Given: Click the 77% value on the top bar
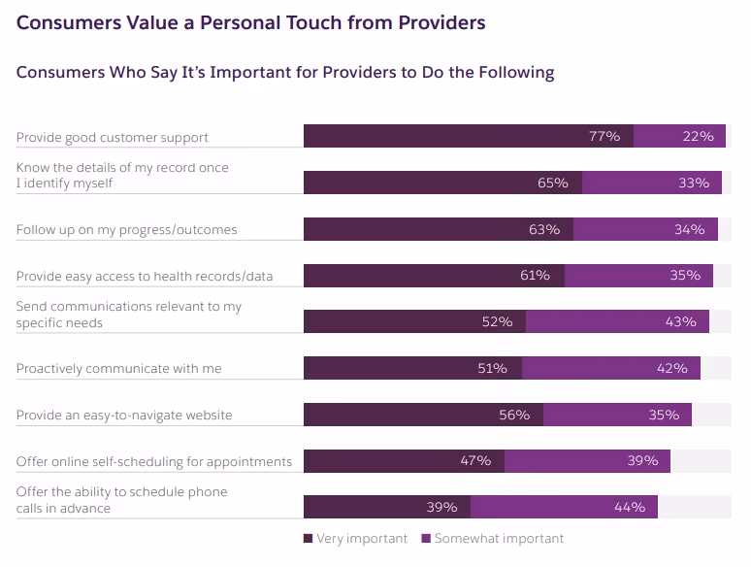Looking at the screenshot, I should (x=604, y=137).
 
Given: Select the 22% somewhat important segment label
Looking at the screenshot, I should (x=698, y=137).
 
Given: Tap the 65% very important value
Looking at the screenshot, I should (x=552, y=183).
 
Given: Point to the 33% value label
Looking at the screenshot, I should (x=694, y=183).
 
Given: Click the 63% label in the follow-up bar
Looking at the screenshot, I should (x=544, y=229).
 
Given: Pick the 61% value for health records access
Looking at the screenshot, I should (x=535, y=276).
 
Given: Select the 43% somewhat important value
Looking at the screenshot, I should (x=680, y=321).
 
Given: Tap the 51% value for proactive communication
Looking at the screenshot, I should (x=492, y=368).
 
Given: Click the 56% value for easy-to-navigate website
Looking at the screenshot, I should (x=513, y=415).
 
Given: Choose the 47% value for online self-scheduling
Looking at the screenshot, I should (x=475, y=460).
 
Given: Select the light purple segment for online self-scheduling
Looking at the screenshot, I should (x=587, y=460).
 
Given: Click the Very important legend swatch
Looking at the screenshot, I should (x=308, y=539).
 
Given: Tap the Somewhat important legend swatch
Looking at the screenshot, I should (x=426, y=539).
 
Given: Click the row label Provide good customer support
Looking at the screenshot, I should (x=113, y=137).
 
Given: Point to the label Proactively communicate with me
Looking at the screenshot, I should (x=118, y=368).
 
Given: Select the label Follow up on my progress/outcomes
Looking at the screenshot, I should (x=126, y=229).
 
